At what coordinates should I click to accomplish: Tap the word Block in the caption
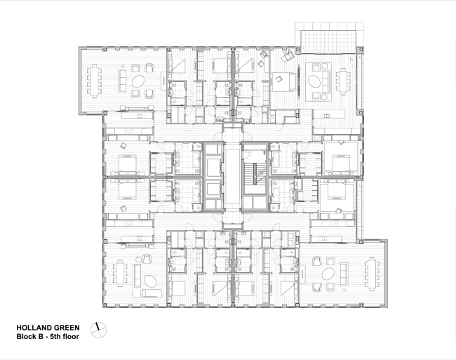[26, 337]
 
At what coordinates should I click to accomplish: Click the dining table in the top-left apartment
[96, 81]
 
